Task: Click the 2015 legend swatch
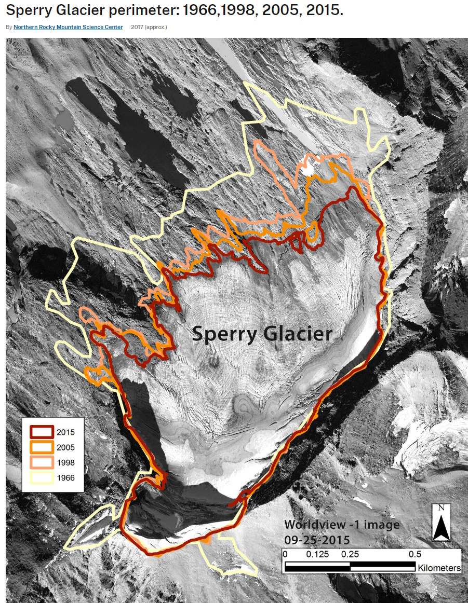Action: [x=42, y=432]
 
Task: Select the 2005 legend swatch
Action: [x=42, y=447]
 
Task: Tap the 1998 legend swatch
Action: [x=42, y=462]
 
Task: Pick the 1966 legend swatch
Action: [x=42, y=477]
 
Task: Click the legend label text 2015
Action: [x=66, y=432]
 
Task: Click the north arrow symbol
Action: [x=442, y=528]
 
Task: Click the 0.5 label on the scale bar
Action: [x=415, y=554]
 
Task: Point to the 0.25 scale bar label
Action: [x=351, y=554]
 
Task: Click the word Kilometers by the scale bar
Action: [x=439, y=568]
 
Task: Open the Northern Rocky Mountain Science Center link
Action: [x=68, y=27]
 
